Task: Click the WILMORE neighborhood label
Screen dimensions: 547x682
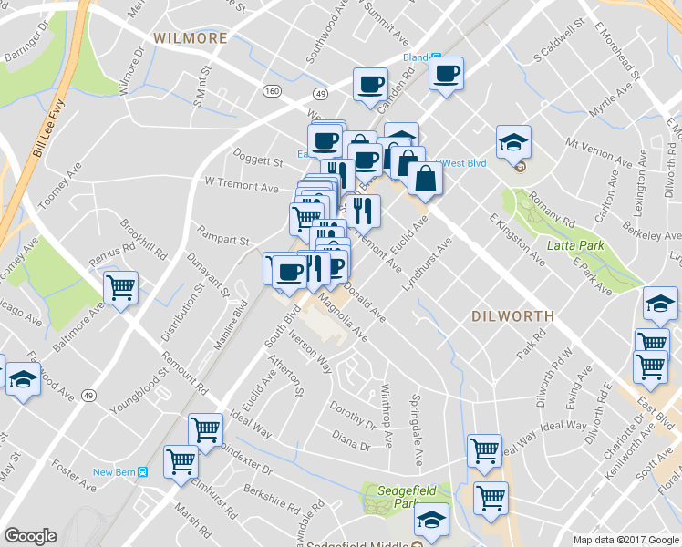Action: point(190,38)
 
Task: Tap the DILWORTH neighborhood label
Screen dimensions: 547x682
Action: point(513,316)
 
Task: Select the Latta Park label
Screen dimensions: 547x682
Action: point(576,245)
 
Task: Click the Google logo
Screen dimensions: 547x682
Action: point(30,536)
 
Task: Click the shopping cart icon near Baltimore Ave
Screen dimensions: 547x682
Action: point(120,288)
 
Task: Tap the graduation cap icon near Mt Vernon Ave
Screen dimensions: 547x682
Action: point(513,141)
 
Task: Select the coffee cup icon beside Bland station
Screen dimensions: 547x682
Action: point(446,73)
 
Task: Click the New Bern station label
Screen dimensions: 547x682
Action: point(114,472)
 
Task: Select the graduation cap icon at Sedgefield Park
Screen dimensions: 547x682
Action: point(431,520)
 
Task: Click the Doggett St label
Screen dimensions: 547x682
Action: point(258,161)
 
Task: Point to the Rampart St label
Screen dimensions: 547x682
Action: point(224,241)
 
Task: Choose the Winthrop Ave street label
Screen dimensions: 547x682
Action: point(387,426)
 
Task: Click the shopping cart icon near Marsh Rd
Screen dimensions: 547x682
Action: point(181,461)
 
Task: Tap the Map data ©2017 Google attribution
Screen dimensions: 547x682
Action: point(625,539)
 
